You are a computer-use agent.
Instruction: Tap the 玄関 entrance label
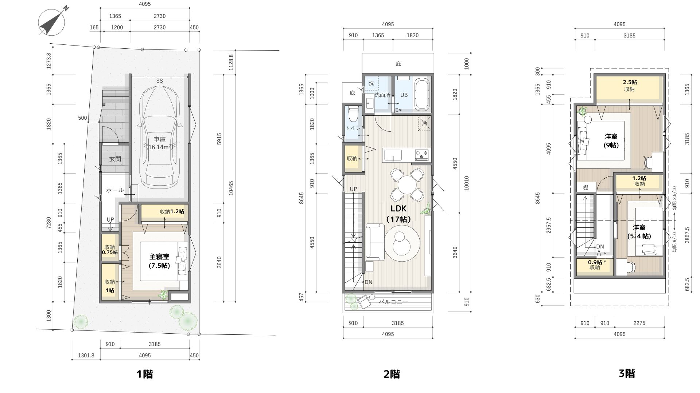(x=115, y=159)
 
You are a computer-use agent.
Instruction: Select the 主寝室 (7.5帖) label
(x=159, y=261)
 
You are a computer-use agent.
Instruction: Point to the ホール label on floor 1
(x=115, y=190)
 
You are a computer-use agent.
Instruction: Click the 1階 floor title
(x=145, y=374)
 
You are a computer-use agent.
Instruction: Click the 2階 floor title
(x=392, y=374)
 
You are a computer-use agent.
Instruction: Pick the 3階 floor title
(x=627, y=373)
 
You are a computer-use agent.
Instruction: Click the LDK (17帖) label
(x=398, y=214)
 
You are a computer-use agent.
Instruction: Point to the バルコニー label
(x=393, y=302)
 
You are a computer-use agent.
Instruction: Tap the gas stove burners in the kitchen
(x=422, y=155)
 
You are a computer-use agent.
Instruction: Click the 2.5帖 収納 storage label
(x=630, y=86)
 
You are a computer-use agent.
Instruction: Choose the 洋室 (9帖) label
(x=611, y=141)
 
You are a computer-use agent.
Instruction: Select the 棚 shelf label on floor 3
(x=586, y=188)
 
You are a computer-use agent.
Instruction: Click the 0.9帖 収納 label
(x=595, y=265)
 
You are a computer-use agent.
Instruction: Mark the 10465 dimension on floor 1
(x=231, y=188)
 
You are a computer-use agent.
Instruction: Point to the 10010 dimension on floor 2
(x=467, y=183)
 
